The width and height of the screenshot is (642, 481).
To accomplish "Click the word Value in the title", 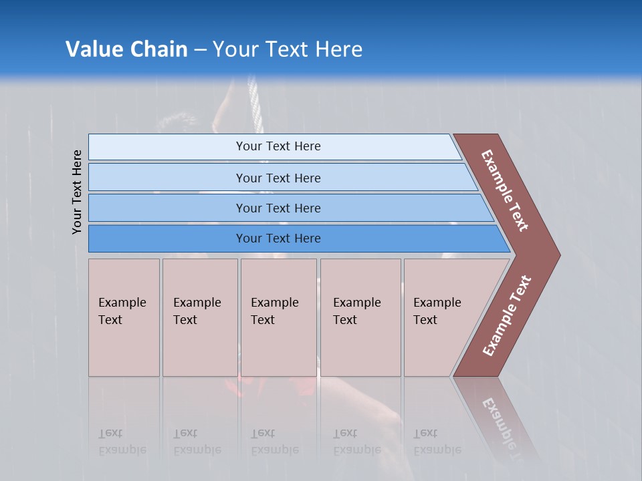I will pos(93,49).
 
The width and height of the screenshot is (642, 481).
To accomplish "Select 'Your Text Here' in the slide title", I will pos(288,49).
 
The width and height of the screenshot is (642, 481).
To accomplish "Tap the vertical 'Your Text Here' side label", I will pos(78,192).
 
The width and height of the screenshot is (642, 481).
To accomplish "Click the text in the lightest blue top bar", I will pos(278,146).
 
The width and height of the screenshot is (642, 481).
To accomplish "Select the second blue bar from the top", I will pos(278,178).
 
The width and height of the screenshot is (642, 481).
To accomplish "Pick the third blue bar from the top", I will pos(278,208).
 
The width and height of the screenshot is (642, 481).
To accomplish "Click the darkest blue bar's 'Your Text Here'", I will pos(278,238).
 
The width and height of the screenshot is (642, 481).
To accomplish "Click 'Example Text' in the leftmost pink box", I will pos(122,311).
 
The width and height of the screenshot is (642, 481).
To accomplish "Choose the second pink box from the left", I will pos(197,311).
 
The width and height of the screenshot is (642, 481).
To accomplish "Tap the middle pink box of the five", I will pos(275,311).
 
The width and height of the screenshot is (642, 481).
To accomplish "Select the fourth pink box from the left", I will pos(357,311).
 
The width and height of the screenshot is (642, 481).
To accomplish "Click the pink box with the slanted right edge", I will pos(437,311).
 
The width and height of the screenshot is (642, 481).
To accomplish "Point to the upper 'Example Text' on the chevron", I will pos(506,190).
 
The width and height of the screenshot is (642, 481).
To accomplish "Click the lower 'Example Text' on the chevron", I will pos(507,315).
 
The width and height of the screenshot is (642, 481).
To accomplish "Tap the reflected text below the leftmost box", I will pos(122,442).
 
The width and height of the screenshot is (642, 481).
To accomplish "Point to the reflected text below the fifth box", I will pos(437,442).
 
